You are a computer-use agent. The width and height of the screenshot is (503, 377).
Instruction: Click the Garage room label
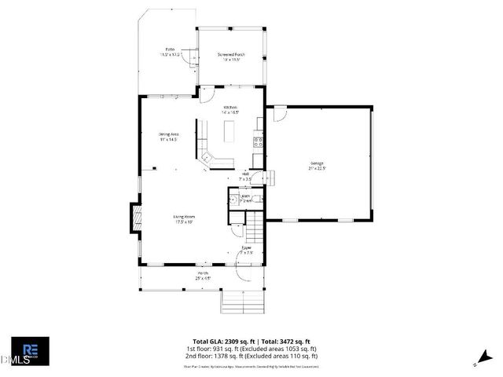317,165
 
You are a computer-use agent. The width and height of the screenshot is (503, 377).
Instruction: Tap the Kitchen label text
230,109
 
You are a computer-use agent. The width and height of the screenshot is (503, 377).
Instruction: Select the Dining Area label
168,137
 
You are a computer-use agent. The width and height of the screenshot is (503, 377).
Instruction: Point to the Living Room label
184,218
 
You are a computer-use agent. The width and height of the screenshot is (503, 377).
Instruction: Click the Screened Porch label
231,56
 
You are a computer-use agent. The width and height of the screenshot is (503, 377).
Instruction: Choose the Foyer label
246,250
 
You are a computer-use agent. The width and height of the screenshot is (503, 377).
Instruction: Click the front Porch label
203,275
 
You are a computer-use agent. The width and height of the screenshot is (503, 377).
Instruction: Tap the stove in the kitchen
257,142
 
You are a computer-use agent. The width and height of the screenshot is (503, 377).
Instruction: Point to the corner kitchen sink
207,158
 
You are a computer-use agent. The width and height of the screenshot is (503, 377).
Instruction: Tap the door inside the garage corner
279,115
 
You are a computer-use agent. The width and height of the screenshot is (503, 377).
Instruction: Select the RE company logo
31,350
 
